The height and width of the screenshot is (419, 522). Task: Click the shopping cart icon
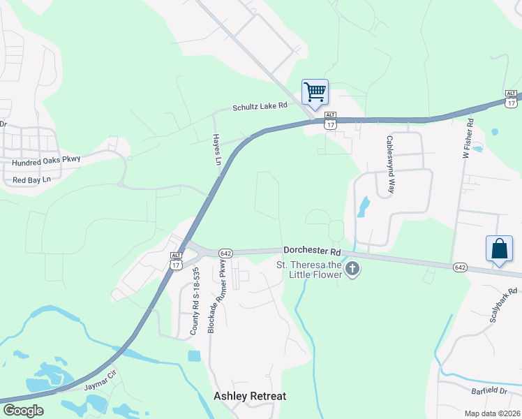(x=315, y=91)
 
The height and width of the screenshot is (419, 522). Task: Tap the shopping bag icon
(x=499, y=249)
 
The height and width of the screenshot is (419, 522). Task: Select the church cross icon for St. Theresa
(x=353, y=268)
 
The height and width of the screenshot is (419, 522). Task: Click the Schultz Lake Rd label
(x=260, y=106)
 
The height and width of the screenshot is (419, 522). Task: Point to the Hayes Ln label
(x=216, y=149)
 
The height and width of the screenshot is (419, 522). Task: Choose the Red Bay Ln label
(x=33, y=180)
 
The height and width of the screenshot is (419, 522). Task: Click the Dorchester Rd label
(x=312, y=250)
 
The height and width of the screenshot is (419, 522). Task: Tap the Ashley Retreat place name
(x=249, y=396)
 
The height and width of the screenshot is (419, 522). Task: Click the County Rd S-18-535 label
(x=196, y=300)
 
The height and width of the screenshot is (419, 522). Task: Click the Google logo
(x=23, y=411)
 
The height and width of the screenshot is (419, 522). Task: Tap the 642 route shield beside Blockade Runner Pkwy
(x=225, y=253)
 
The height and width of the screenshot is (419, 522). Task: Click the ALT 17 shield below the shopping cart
(x=330, y=120)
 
